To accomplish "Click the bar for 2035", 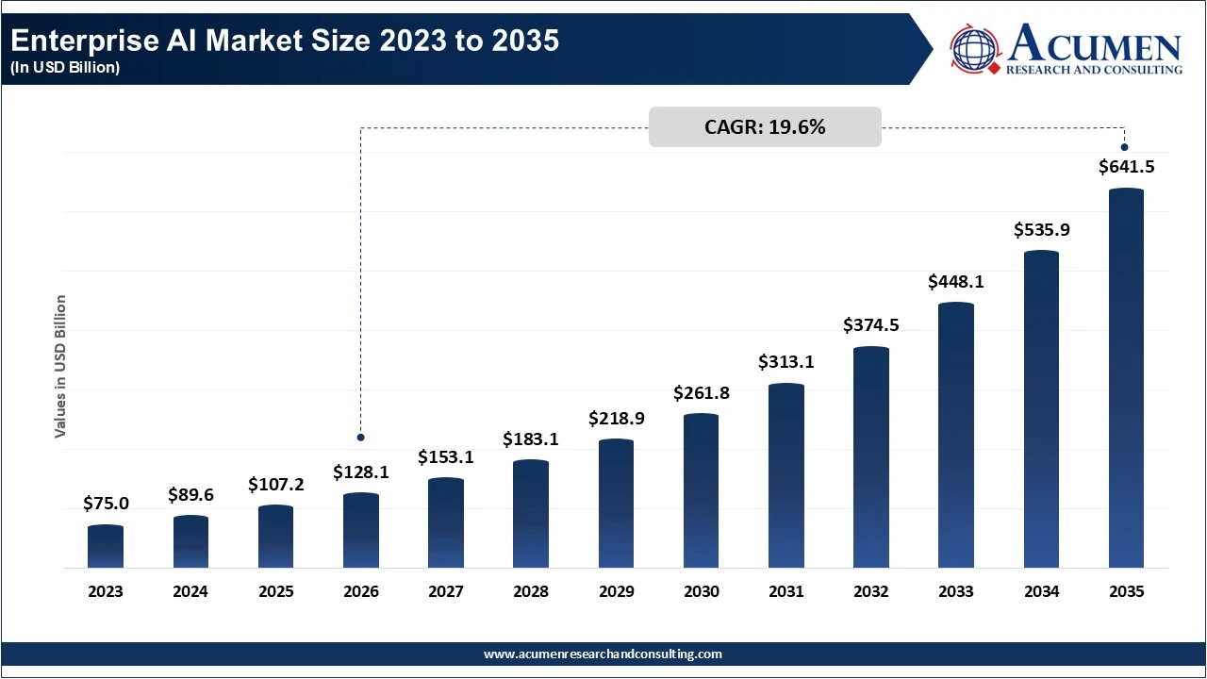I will [x=1126, y=378].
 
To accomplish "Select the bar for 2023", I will [x=106, y=547].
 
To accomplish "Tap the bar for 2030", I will [x=701, y=491].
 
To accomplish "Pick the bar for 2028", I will [x=531, y=514].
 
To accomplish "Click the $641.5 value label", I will [x=1126, y=167].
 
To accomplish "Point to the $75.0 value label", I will [x=106, y=504].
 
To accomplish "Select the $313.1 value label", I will [x=785, y=362].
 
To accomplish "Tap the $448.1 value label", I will [x=956, y=281].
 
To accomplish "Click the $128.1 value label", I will [x=360, y=472].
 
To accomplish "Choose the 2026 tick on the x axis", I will [x=360, y=592].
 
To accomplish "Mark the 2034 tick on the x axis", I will [x=1041, y=592].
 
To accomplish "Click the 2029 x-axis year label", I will [x=616, y=592].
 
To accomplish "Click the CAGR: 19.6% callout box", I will [x=765, y=127].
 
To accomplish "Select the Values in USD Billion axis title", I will [x=60, y=366].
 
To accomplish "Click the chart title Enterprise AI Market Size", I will [x=284, y=41].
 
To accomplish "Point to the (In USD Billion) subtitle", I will [x=65, y=68].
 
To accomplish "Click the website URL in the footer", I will [x=603, y=654].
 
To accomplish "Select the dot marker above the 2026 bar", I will [x=360, y=438].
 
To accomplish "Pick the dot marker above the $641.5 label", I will [x=1124, y=146].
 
